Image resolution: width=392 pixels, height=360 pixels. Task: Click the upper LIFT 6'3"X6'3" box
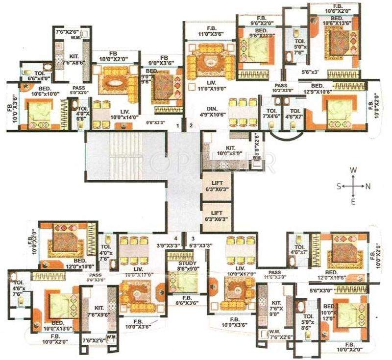point(217,187)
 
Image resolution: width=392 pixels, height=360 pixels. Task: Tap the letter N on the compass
point(369,186)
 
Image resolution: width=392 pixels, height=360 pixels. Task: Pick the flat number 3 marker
point(193,238)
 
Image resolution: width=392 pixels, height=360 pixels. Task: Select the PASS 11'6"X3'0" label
point(275,275)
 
